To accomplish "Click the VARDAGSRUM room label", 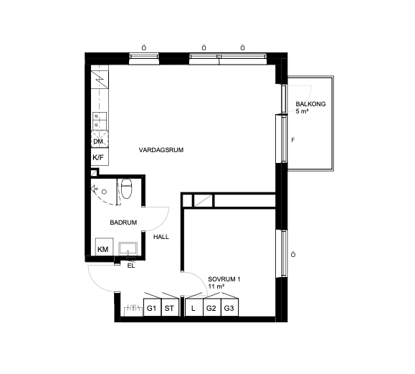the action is tap(161, 150).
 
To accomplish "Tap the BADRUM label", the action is tap(123, 223).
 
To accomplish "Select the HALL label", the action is tap(161, 237).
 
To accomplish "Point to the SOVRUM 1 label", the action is tap(224, 279).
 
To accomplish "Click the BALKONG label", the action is tap(310, 104).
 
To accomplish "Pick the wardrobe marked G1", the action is tap(152, 307).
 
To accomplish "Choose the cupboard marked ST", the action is tap(170, 307).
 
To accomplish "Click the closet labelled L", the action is tap(194, 307).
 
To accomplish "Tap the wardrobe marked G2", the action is tap(211, 307).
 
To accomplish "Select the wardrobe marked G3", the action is tap(229, 307).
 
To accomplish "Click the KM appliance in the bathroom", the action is tap(104, 247).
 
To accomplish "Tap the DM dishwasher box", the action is tap(100, 139).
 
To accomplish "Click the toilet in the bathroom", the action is tap(126, 189).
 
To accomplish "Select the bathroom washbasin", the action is tap(128, 248).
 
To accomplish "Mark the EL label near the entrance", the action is tap(131, 266).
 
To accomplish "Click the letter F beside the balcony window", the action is tap(292, 140).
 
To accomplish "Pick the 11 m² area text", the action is tap(216, 286).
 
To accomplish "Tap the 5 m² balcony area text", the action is tap(302, 111).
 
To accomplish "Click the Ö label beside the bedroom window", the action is tap(293, 255).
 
